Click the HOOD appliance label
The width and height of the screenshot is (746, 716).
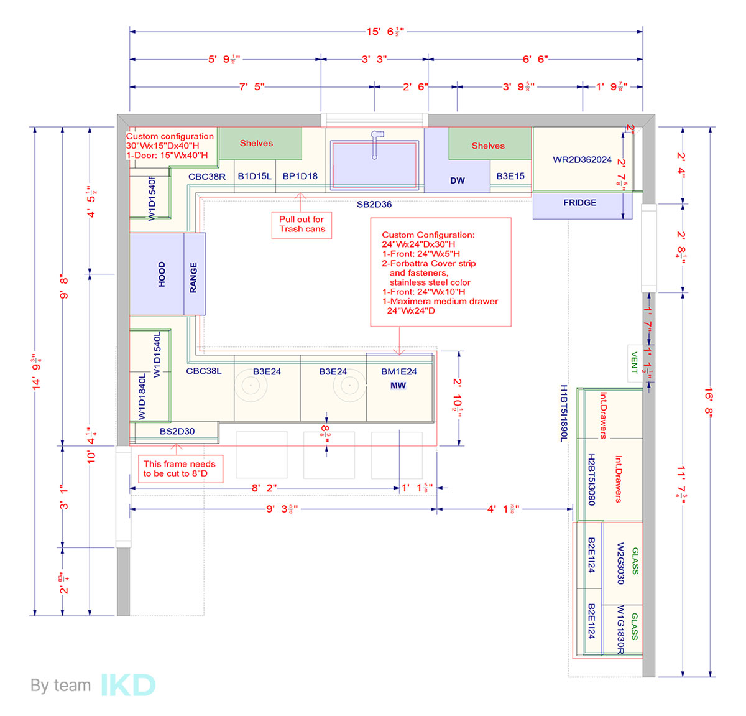162,274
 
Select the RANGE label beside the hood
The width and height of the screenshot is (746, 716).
193,277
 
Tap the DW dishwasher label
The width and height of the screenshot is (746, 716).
458,180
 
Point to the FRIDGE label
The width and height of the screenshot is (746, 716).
579,203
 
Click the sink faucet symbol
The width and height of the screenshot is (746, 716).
375,143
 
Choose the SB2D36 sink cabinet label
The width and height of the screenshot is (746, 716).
374,204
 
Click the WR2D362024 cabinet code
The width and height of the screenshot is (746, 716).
582,160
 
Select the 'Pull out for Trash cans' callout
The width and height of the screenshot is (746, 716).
302,224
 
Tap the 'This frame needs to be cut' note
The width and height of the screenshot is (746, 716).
180,468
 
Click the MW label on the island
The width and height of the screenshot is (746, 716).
398,386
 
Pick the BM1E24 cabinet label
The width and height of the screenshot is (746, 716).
398,371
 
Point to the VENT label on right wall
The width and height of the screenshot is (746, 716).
634,362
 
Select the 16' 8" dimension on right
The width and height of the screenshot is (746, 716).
709,403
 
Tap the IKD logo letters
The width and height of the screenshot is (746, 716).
128,686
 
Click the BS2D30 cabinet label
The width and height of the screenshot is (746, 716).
177,431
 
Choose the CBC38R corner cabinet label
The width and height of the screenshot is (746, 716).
207,177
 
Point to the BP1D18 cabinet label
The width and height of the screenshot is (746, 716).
300,176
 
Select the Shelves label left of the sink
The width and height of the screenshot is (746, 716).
256,143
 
